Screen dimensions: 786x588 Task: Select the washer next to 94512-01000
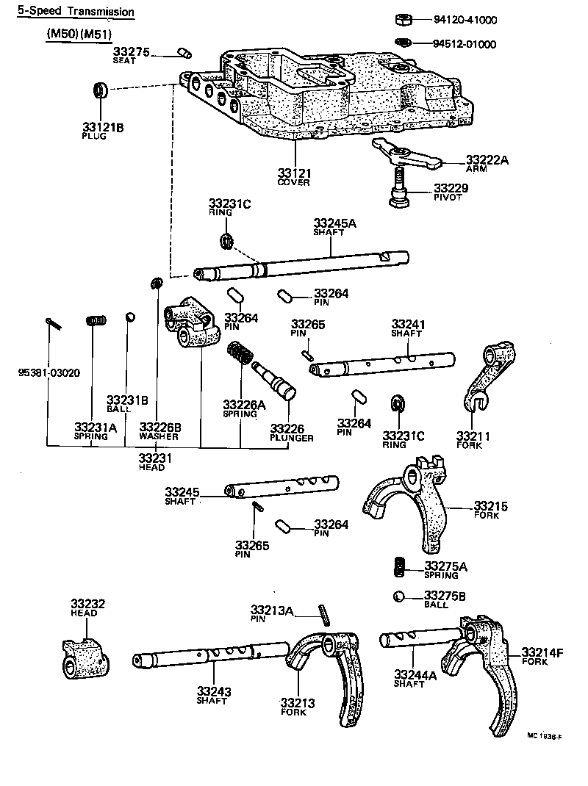pos(403,43)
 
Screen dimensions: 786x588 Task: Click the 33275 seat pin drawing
pos(184,52)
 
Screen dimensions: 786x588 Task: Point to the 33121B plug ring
pos(101,91)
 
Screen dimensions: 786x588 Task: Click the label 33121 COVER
pos(294,177)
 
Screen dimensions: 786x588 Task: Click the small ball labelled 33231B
pos(129,317)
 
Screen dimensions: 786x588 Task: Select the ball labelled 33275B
pos(400,596)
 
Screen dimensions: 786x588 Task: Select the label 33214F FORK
pos(542,655)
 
